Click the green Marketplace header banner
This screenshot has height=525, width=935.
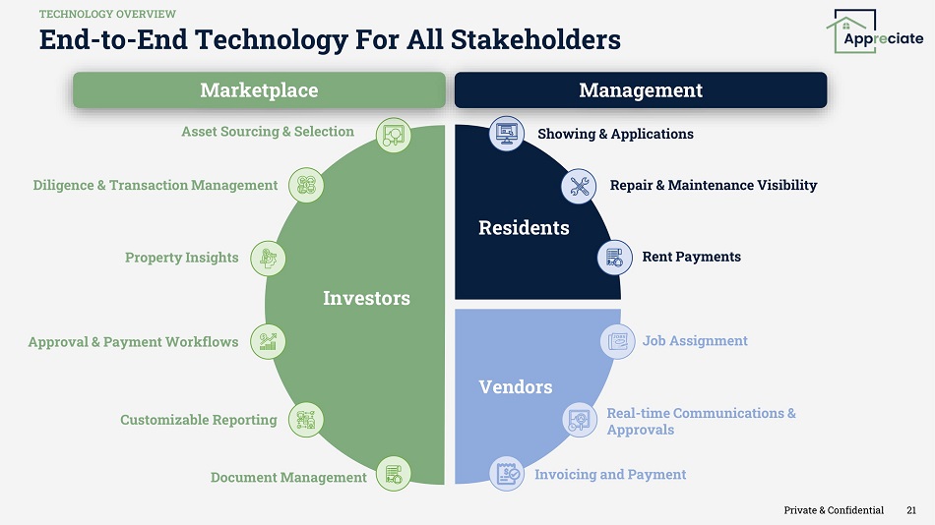click(260, 90)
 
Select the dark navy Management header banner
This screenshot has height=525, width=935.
click(641, 90)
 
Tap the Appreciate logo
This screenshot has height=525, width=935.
click(875, 31)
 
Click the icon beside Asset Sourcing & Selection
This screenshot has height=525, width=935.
click(394, 135)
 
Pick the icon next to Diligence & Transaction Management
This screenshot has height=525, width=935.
click(306, 185)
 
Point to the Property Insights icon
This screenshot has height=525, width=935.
click(268, 259)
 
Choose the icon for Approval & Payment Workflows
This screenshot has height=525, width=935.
click(268, 341)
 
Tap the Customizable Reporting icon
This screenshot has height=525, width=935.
click(306, 420)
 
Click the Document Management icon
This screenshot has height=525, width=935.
click(394, 474)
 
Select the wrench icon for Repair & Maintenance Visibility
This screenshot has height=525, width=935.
click(579, 186)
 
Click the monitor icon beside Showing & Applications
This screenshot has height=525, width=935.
click(507, 134)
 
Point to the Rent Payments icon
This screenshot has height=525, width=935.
click(615, 258)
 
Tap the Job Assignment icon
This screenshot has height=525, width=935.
click(618, 341)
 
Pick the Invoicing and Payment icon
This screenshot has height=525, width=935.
click(507, 474)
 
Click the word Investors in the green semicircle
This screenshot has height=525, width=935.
click(367, 298)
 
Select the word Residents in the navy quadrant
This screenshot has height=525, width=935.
click(524, 228)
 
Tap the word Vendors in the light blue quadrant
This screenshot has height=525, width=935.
click(515, 386)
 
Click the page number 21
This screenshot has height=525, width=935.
click(911, 510)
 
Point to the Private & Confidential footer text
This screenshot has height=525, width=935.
click(834, 510)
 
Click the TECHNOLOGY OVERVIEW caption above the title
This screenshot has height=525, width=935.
click(107, 14)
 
